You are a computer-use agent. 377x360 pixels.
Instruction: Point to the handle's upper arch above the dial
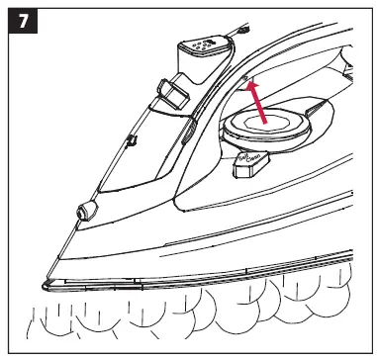297,59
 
